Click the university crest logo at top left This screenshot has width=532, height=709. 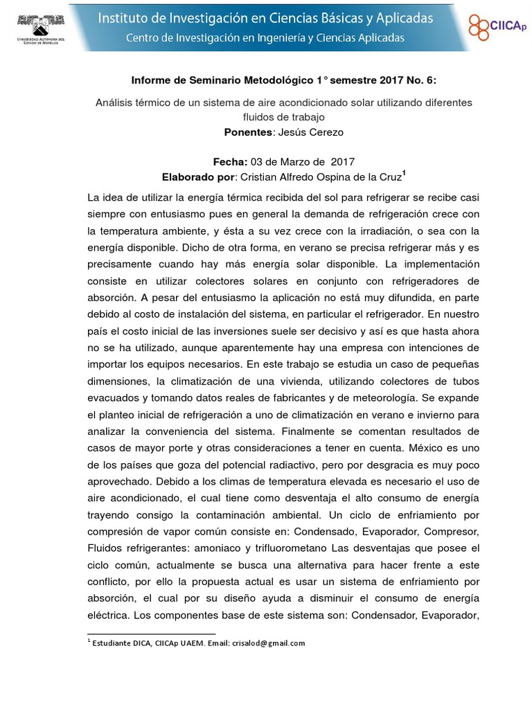coord(41,26)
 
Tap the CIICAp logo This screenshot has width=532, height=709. coord(497,26)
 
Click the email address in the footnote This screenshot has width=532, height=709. coord(268,643)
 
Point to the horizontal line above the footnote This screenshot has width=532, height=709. coord(152,633)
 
